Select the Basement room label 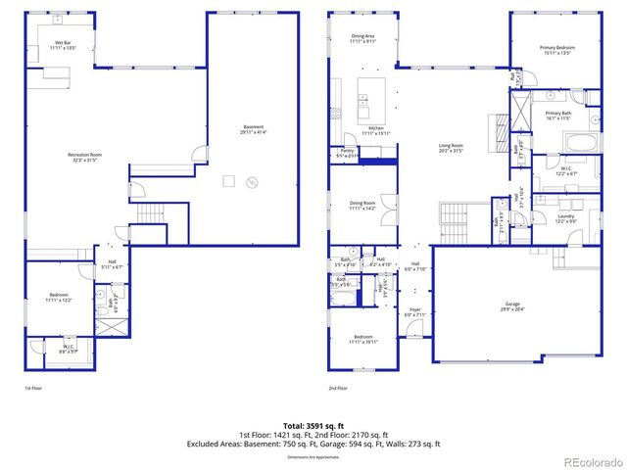[x=253, y=130]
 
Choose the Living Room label [x=451, y=148]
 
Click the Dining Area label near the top [x=362, y=37]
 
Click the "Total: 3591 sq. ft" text [x=313, y=426]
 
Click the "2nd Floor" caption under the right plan [x=338, y=389]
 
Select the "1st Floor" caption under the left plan [x=32, y=389]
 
